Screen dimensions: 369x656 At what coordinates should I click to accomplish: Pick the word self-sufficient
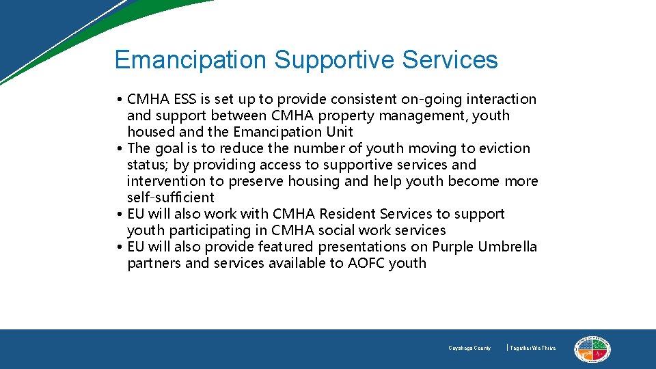click(x=170, y=197)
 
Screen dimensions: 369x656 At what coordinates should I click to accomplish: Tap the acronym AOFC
click(x=366, y=263)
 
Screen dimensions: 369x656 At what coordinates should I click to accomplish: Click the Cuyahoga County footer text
click(x=469, y=348)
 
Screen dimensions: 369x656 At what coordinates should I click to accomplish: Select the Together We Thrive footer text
click(x=533, y=348)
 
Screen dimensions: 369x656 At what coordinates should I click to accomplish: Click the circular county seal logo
click(x=592, y=349)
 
